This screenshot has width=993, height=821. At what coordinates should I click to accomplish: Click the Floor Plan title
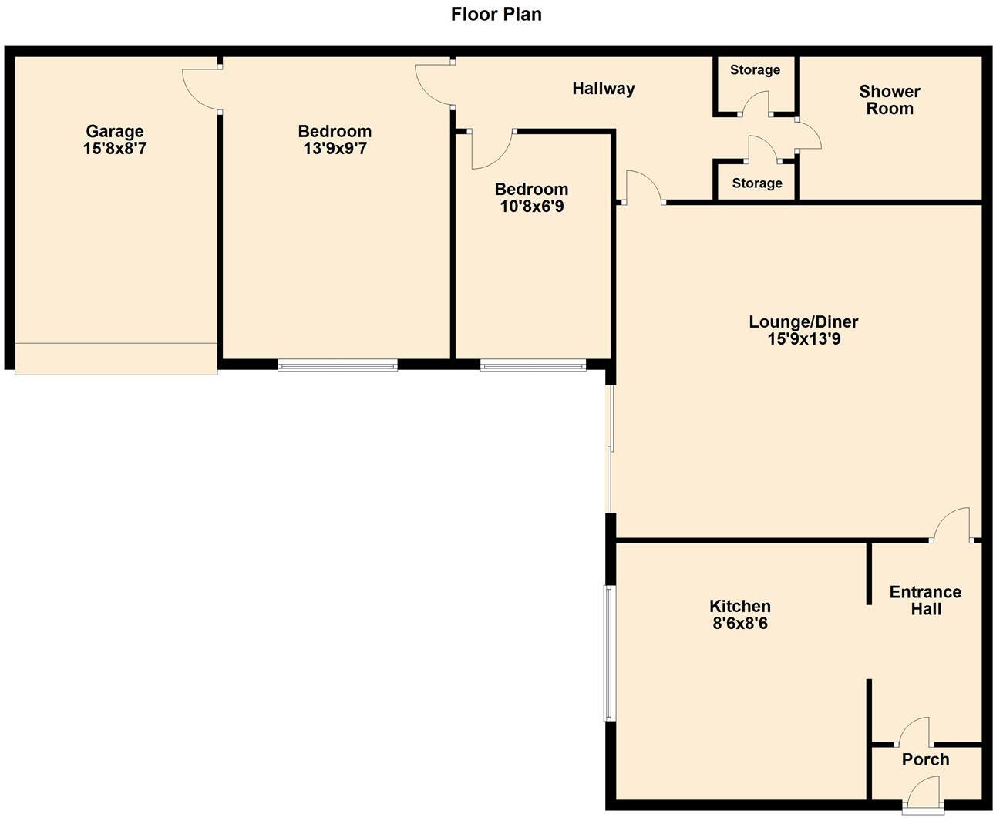(x=496, y=15)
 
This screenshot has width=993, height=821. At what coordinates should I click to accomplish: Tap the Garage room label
(x=114, y=131)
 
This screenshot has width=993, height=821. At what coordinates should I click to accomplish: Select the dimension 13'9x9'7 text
(x=335, y=149)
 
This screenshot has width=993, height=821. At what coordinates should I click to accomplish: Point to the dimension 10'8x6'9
(x=531, y=207)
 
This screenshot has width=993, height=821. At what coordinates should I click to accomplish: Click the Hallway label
(x=603, y=89)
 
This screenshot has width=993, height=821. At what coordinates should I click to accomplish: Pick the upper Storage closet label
(x=755, y=70)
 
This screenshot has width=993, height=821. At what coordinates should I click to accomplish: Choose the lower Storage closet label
(x=756, y=183)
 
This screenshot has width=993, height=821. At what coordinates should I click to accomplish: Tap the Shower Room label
(x=890, y=100)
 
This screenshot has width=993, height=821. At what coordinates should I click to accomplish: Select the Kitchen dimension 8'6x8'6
(x=740, y=624)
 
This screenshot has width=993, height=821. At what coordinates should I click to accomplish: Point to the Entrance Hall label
(x=925, y=601)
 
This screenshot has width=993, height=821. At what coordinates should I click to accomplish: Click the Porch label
(x=925, y=760)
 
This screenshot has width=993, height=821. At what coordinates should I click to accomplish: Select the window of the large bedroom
(x=338, y=365)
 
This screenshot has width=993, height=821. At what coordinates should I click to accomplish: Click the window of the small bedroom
(x=533, y=365)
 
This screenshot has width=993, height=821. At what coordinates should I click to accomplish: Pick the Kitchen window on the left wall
(x=609, y=653)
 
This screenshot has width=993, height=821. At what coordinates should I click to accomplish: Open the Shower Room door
(x=807, y=135)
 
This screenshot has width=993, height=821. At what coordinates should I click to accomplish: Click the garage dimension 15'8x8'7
(x=114, y=149)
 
